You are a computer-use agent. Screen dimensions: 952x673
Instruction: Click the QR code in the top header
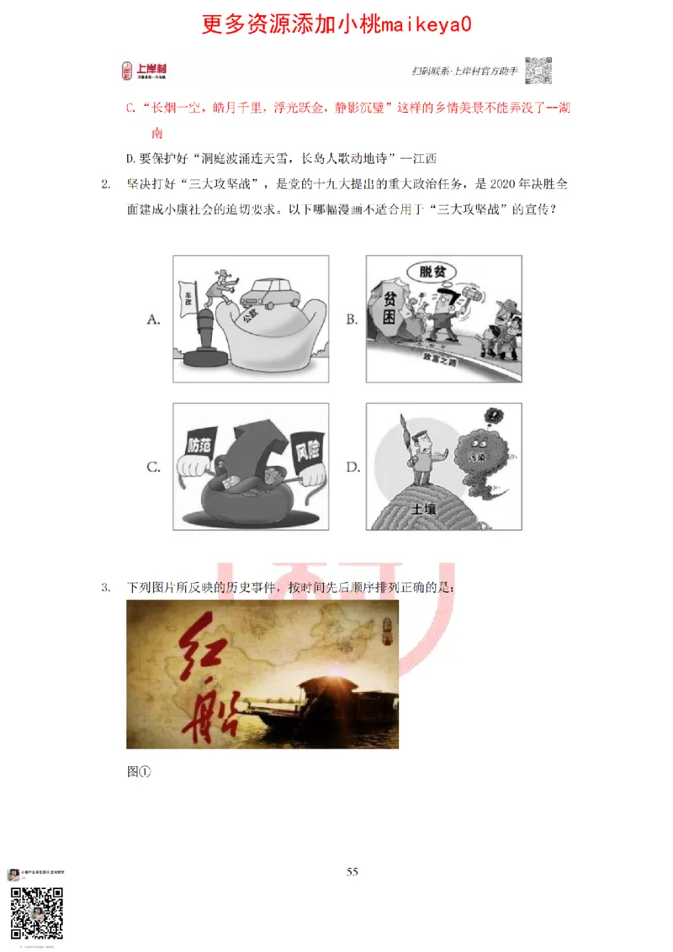[x=538, y=71]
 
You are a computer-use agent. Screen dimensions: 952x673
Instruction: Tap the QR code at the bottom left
[x=36, y=912]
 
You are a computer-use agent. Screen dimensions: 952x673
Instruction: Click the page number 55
[x=352, y=871]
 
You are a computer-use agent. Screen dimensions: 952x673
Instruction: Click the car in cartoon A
[x=272, y=292]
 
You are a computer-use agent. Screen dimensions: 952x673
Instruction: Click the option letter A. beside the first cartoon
[x=153, y=319]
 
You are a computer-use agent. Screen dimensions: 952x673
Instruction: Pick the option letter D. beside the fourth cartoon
[x=353, y=467]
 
